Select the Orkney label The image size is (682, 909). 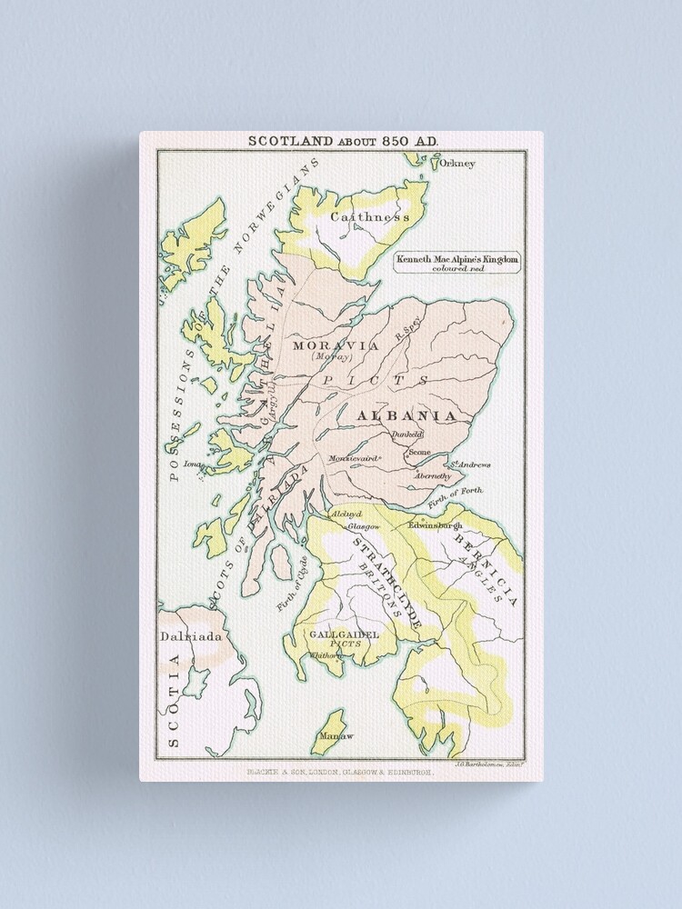[x=457, y=164]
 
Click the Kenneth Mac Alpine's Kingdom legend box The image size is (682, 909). [x=457, y=263]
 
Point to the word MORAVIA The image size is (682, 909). [x=323, y=345]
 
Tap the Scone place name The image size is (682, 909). [x=419, y=452]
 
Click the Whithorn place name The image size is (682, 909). [x=326, y=654]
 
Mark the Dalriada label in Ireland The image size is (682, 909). [x=191, y=636]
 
